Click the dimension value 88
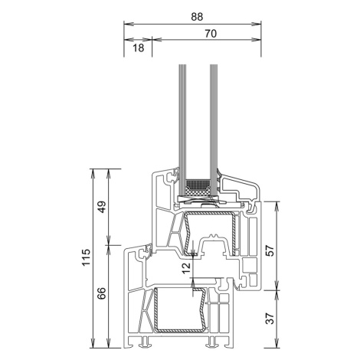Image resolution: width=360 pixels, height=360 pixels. pos(197,17)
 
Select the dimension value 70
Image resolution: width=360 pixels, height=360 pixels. pos(211,34)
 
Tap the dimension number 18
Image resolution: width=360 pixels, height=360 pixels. pos(139,47)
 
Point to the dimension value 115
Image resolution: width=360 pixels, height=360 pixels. pos(87,257)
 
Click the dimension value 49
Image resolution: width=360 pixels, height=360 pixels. pos(102,207)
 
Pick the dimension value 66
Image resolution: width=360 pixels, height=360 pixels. pos(102,293)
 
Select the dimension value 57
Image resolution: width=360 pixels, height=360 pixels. pos(270,250)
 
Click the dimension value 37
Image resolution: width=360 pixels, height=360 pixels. pos(270,318)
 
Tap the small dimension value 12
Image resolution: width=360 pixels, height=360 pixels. pos(187,267)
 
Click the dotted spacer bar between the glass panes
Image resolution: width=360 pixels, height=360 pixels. pos(198,183)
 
